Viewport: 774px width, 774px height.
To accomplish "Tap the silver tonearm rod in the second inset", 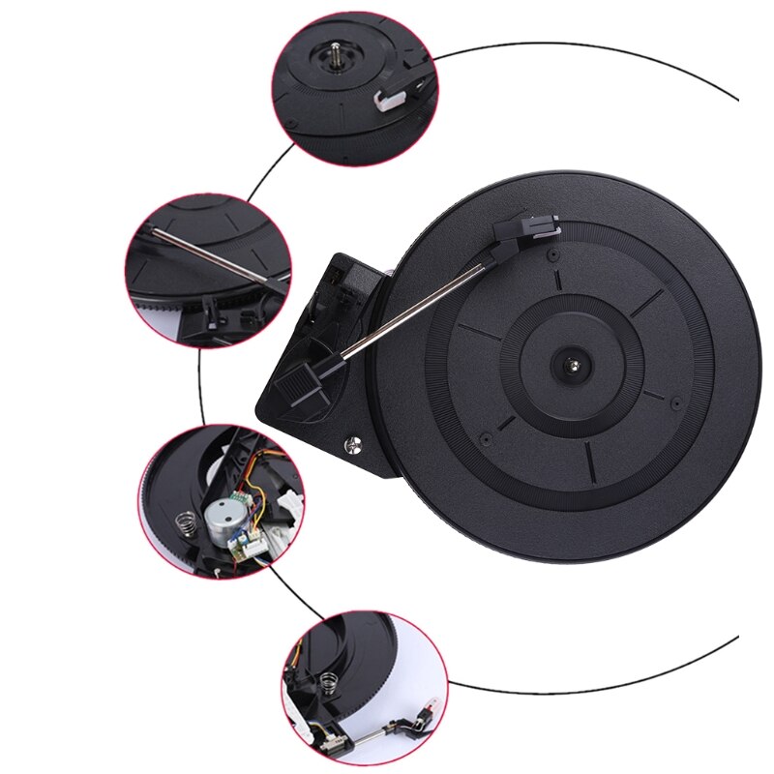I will point(208,257).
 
